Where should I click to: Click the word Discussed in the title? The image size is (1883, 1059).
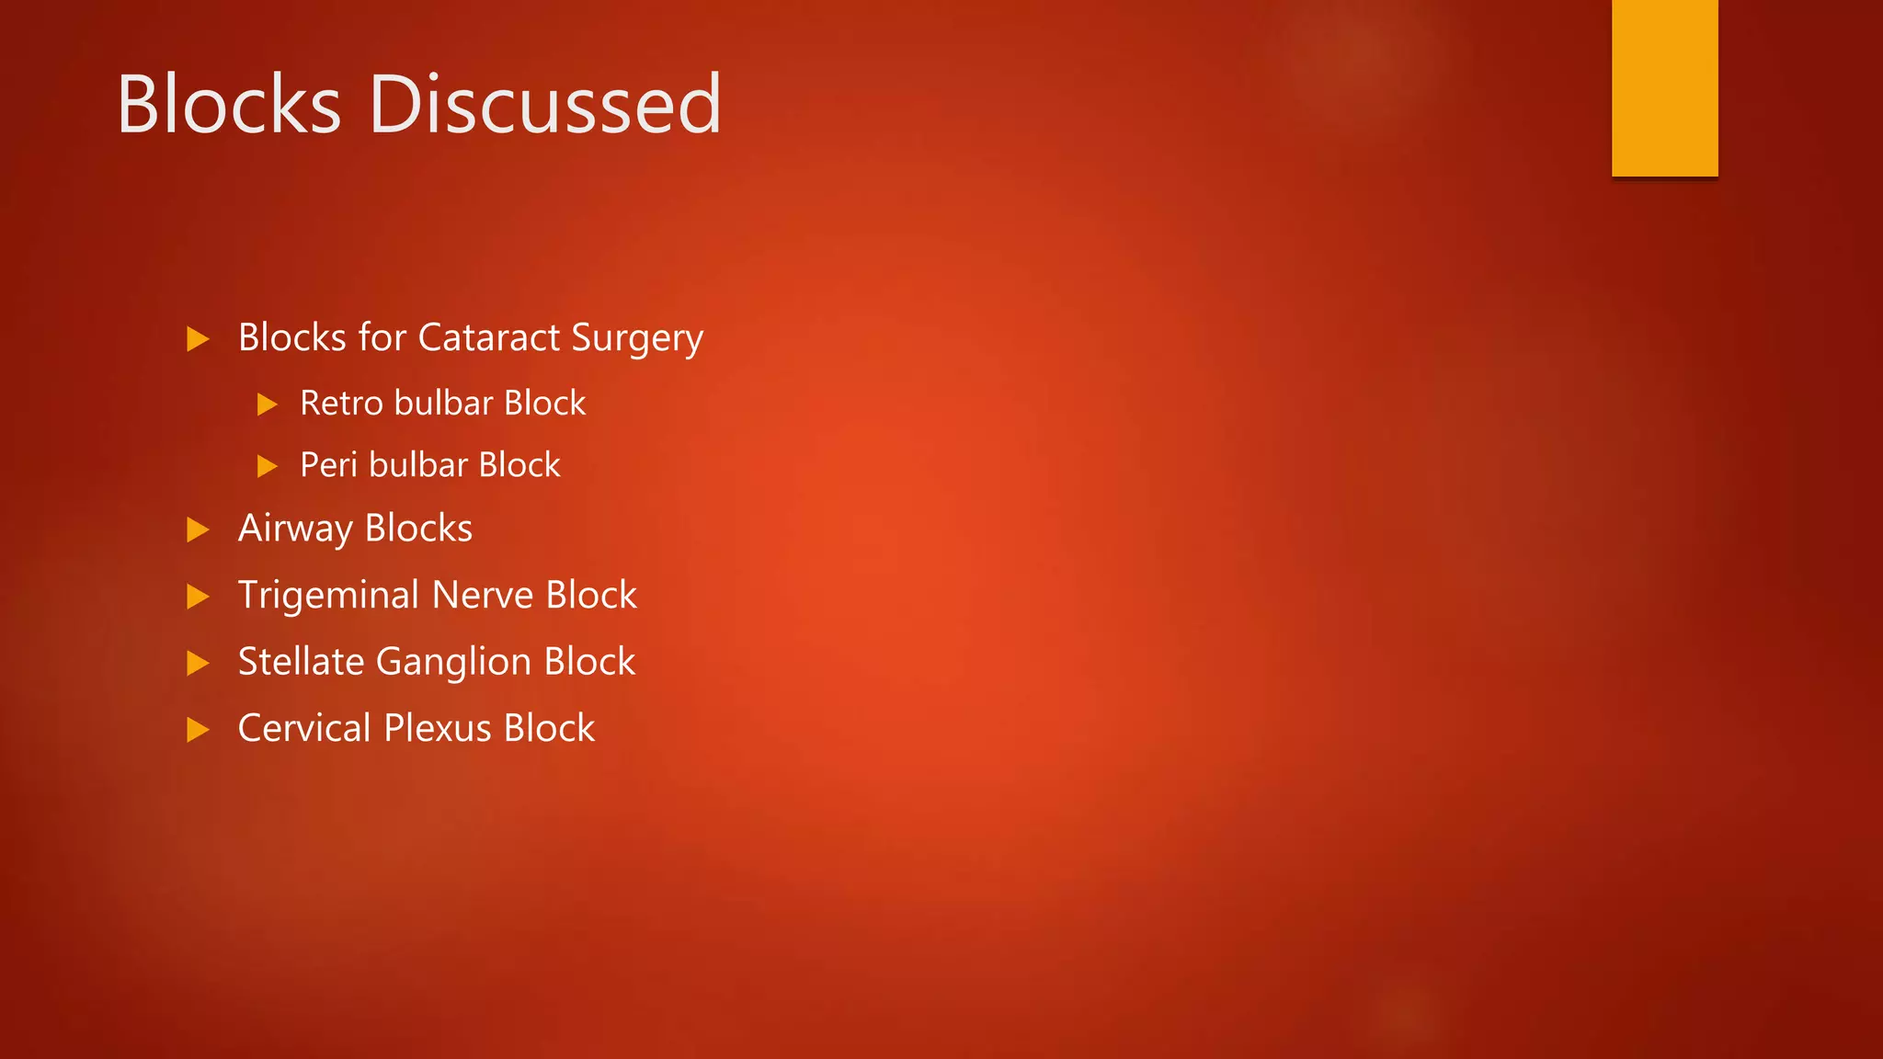pos(545,105)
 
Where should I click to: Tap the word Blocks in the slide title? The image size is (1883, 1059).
pos(229,105)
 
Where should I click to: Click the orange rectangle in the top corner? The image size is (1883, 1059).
pos(1664,87)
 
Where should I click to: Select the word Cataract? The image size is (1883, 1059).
pos(489,337)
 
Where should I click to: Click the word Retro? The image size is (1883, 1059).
pos(341,404)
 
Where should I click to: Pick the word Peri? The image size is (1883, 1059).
pos(328,465)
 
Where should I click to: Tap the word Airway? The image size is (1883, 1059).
pos(295,529)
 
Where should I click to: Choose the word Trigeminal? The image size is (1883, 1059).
pos(329,596)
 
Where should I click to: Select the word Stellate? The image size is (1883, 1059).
pos(301,662)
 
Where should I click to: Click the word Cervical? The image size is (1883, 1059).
pos(304,728)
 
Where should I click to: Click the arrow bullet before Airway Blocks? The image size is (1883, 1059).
pos(198,529)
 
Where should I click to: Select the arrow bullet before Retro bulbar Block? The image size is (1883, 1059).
pos(267,404)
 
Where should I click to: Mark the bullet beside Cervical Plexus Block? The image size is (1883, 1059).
pos(198,730)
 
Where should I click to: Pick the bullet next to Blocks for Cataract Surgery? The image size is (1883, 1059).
pos(198,339)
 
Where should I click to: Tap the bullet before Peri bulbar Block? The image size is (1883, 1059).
pos(267,466)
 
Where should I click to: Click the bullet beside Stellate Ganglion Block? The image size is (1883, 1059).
pos(198,663)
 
